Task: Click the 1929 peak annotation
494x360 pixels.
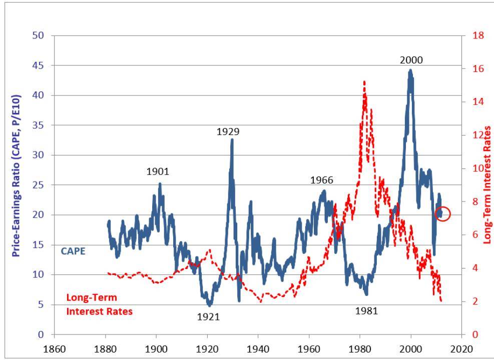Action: coord(228,132)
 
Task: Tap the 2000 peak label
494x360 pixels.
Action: coord(411,60)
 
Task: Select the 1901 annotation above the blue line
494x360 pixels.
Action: coord(158,171)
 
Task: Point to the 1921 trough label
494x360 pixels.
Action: coord(208,316)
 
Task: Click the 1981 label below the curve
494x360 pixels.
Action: coord(366,310)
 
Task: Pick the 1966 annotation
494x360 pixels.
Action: coord(321,180)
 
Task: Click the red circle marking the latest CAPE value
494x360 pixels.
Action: coord(443,214)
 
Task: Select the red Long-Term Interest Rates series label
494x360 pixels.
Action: coord(99,304)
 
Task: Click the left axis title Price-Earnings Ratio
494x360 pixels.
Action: coord(16,175)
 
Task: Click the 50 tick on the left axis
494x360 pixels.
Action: coord(39,35)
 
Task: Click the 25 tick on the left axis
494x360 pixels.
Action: coord(39,185)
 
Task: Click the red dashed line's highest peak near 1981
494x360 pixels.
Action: coord(364,81)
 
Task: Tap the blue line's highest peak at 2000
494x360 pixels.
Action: coord(410,70)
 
